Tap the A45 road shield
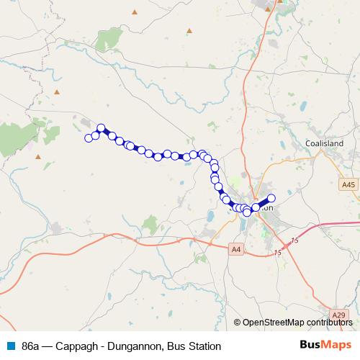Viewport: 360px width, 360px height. [x=348, y=185]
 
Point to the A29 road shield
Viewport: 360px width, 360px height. [x=340, y=315]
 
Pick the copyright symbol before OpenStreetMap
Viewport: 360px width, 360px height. [x=238, y=322]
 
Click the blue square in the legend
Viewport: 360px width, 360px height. [x=11, y=346]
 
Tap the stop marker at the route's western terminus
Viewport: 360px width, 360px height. [x=89, y=138]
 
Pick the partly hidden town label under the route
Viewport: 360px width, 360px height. [x=264, y=207]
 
